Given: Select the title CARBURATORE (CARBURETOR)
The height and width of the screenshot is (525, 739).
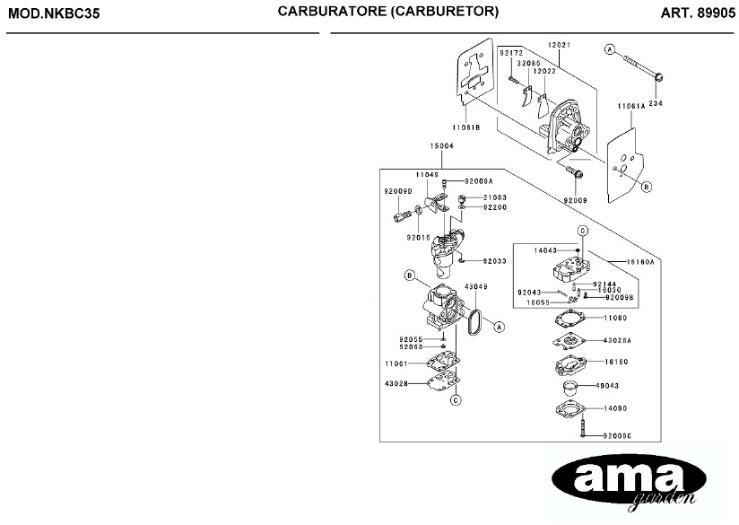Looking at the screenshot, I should (x=387, y=13).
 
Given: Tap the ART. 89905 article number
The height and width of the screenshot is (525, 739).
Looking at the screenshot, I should (x=697, y=13).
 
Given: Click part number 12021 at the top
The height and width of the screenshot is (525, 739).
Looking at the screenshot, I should (x=559, y=45).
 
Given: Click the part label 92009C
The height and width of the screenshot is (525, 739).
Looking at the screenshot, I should (x=618, y=436).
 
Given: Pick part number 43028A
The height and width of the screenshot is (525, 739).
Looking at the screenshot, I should (x=617, y=341).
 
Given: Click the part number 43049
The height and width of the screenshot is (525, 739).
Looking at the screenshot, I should (x=475, y=287).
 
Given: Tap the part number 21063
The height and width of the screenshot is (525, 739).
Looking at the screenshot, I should (x=495, y=197).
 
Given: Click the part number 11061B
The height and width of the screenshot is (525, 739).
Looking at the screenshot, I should (x=466, y=127).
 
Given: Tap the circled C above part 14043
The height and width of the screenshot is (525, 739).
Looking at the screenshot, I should (x=581, y=231).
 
